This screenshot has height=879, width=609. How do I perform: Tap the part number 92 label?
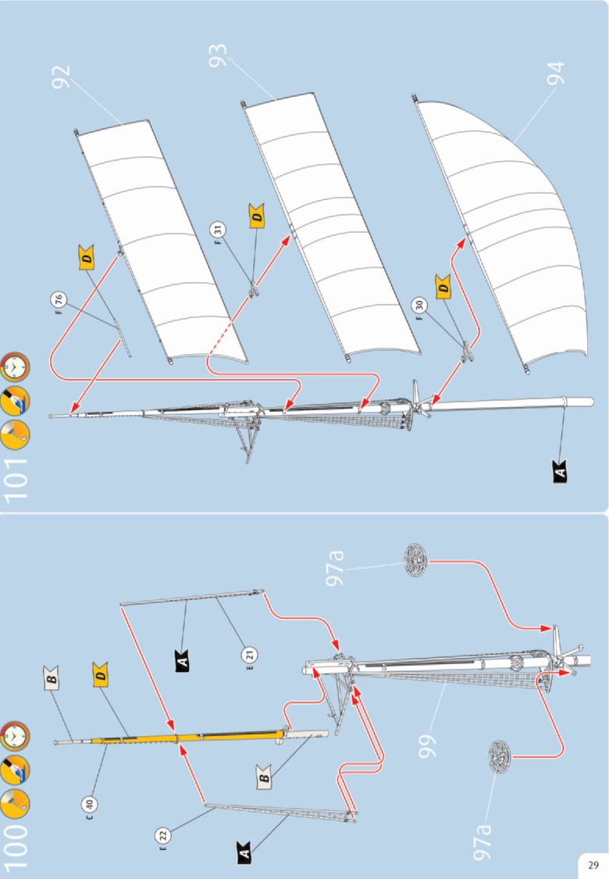pyautogui.click(x=62, y=77)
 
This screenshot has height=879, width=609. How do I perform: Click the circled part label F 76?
pyautogui.click(x=56, y=299)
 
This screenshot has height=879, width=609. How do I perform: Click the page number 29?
pyautogui.click(x=593, y=865)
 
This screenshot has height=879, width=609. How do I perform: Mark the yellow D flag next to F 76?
pyautogui.click(x=87, y=259)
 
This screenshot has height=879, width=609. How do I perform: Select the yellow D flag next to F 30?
pyautogui.click(x=443, y=288)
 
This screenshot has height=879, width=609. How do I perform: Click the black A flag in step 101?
pyautogui.click(x=561, y=471)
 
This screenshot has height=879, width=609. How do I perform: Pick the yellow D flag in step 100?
pyautogui.click(x=101, y=674)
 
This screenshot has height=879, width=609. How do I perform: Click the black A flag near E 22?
pyautogui.click(x=244, y=856)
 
